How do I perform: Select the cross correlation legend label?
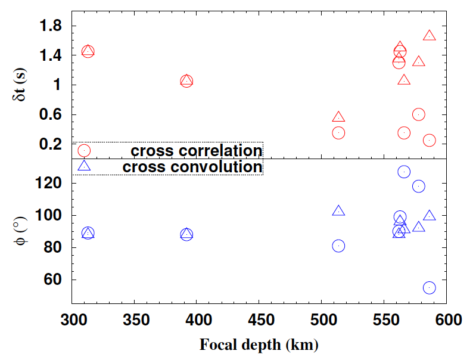coord(197,151)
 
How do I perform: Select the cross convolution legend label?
coord(192,167)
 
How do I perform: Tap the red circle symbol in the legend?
coord(84,151)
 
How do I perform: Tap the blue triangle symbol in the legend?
coord(84,166)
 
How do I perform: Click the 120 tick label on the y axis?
coord(49,184)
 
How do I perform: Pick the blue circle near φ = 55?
coord(429,288)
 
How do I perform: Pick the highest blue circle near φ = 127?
coord(404,172)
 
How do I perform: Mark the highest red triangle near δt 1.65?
coord(429,36)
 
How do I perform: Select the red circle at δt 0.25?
coord(429,140)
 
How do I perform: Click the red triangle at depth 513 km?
coord(338,117)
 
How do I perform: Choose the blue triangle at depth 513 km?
coord(338,211)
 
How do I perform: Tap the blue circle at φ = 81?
coord(338,246)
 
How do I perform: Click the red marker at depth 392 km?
coord(186,81)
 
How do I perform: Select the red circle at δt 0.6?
coord(419,114)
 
